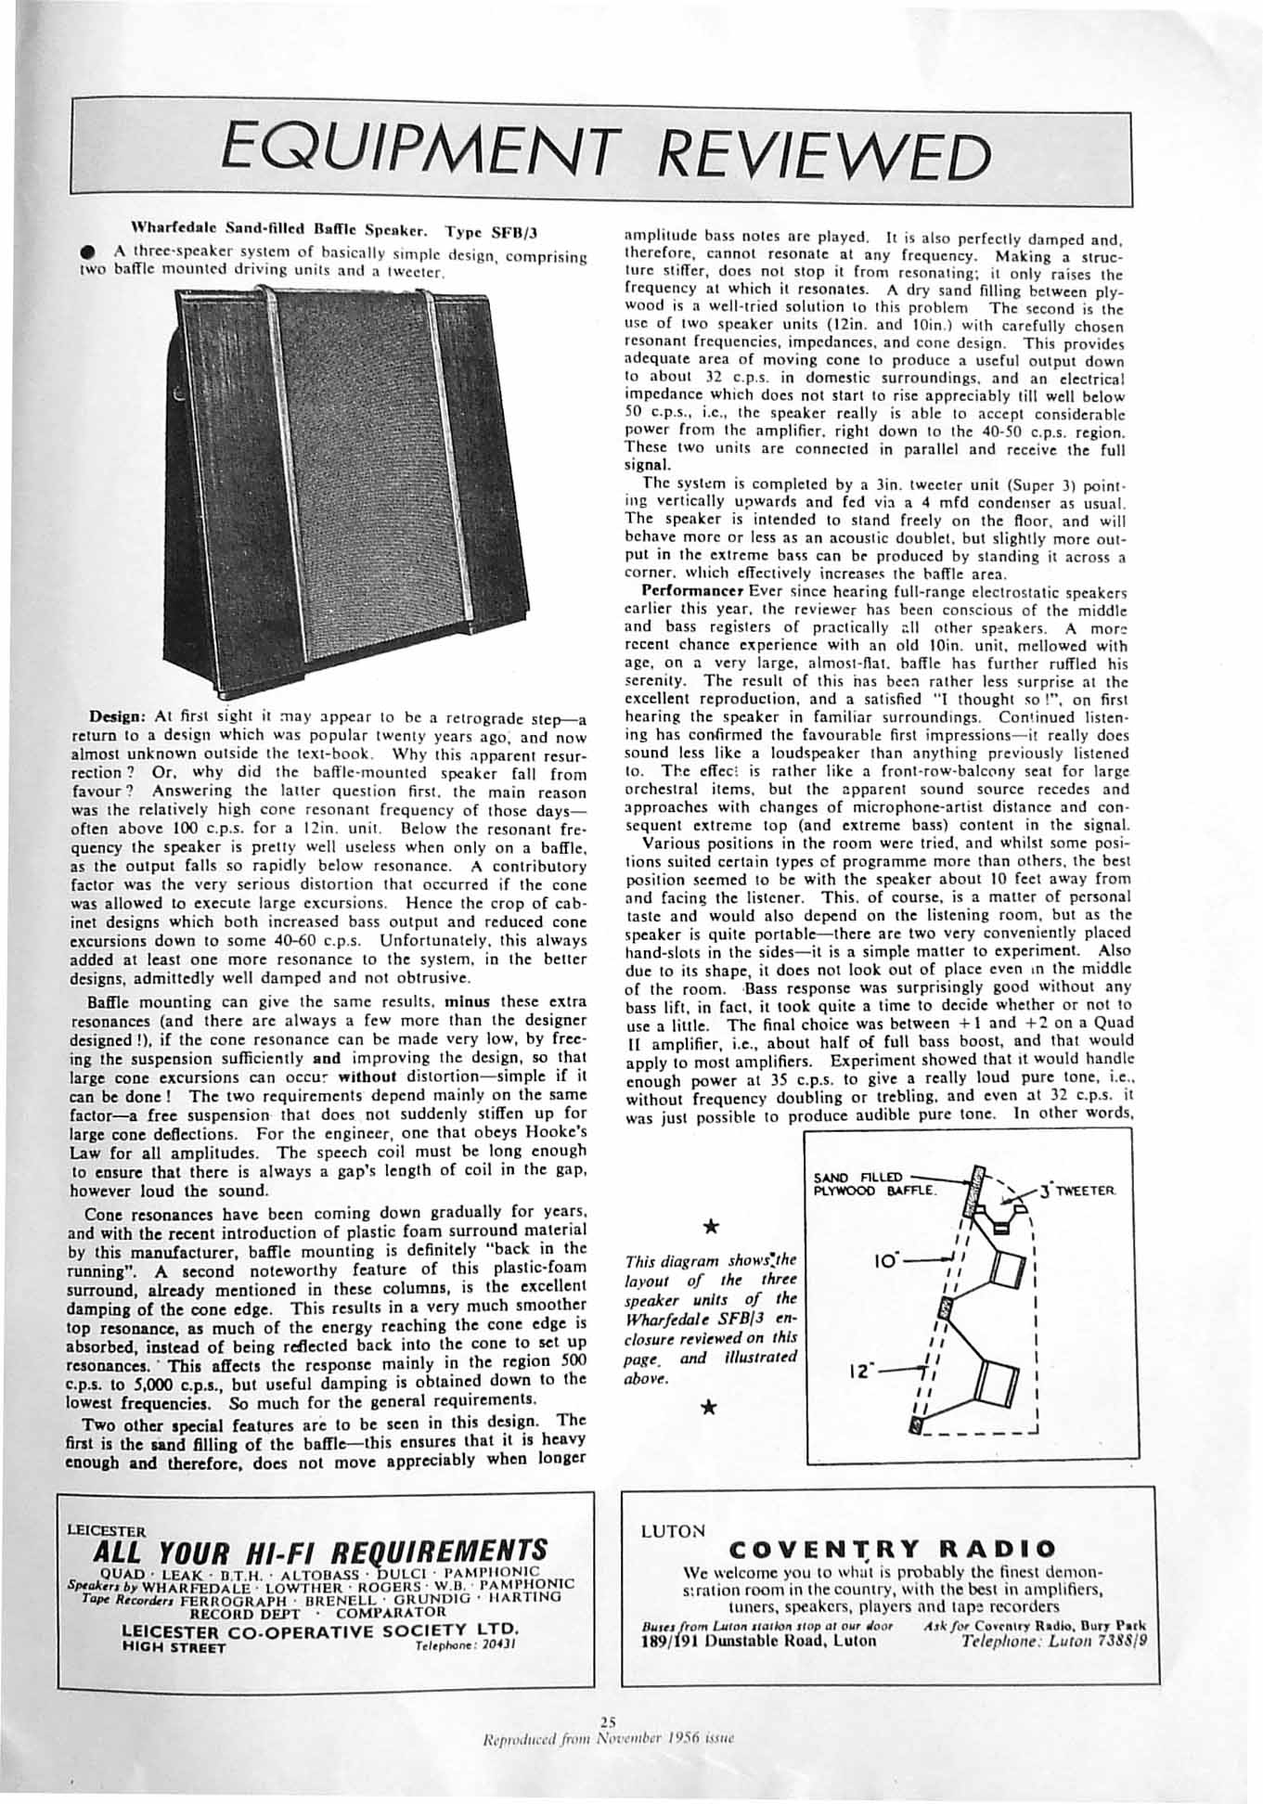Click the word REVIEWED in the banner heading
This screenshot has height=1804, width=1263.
[x=825, y=155]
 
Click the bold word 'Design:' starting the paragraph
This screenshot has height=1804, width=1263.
[x=115, y=717]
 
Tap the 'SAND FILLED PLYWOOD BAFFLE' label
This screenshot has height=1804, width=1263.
[x=874, y=1183]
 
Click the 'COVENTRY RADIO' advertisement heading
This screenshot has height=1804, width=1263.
[x=893, y=1549]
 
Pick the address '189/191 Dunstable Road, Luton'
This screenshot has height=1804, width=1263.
[x=758, y=1640]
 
